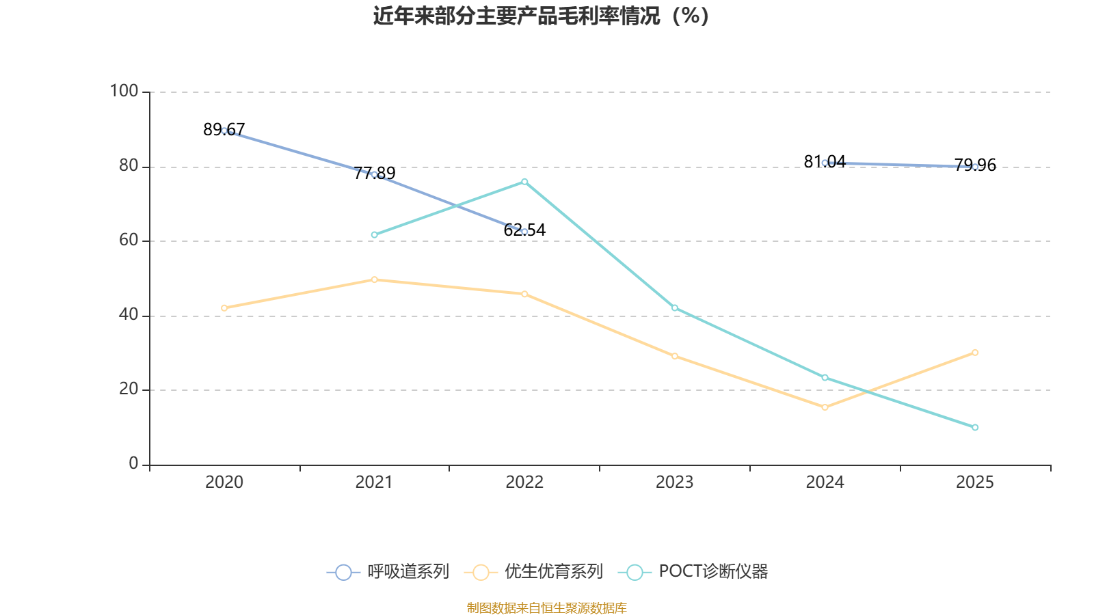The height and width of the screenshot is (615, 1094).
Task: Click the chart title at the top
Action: (541, 16)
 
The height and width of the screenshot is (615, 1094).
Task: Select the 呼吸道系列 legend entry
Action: (388, 572)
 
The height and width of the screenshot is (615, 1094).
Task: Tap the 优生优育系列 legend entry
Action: (534, 572)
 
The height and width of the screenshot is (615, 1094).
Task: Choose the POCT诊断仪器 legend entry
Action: (693, 572)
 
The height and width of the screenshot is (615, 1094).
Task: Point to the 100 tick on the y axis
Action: (124, 91)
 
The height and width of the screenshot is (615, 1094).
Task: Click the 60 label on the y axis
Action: (128, 240)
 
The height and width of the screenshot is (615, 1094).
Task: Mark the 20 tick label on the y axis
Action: (128, 389)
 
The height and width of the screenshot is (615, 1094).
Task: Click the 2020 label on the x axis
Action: (224, 482)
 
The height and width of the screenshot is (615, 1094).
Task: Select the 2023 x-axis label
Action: (674, 482)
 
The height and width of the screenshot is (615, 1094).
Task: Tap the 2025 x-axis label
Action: (974, 482)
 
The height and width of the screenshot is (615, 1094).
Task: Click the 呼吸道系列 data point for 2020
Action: (224, 131)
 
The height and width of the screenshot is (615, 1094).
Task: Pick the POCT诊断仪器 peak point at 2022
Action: (524, 182)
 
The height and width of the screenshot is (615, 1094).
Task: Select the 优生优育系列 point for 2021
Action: (374, 279)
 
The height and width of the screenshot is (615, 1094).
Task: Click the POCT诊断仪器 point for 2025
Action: (975, 428)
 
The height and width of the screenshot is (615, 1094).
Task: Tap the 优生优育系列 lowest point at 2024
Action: (825, 407)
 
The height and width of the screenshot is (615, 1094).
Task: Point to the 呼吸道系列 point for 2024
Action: (825, 163)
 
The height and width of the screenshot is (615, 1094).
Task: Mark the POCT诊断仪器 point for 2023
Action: (674, 308)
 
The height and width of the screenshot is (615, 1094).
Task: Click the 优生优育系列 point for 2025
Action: (975, 353)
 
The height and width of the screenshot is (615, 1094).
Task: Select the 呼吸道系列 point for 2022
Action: (524, 232)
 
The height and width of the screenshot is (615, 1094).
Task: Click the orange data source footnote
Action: (546, 608)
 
